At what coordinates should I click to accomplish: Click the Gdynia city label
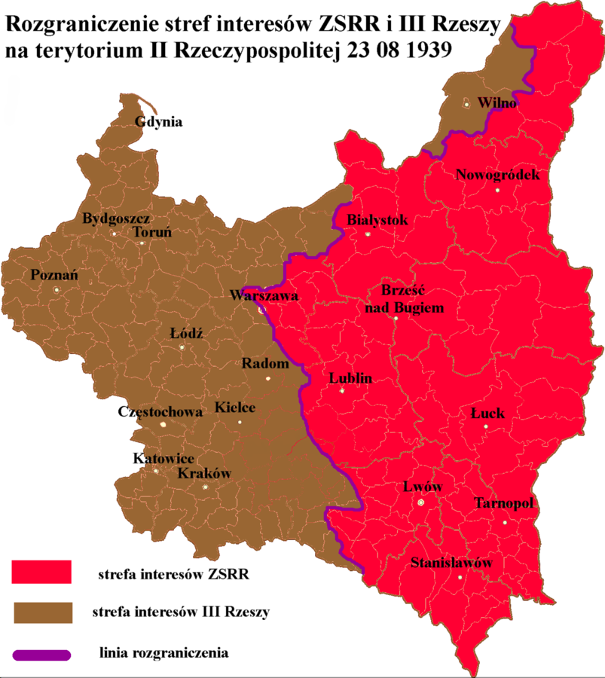[x=158, y=122]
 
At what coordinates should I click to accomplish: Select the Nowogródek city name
[x=498, y=176]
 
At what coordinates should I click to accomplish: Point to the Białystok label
[x=377, y=220]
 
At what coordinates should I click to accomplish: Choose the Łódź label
[x=187, y=333]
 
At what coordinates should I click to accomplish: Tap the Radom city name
[x=265, y=363]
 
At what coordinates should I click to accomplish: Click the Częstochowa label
[x=160, y=412]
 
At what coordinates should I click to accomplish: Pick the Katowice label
[x=163, y=459]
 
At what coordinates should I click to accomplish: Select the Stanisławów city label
[x=451, y=563]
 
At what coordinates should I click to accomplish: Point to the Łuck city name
[x=487, y=414]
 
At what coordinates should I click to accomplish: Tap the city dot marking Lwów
[x=421, y=502]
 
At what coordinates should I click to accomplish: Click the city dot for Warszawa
[x=261, y=308]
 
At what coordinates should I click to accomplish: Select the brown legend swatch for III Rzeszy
[x=41, y=612]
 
